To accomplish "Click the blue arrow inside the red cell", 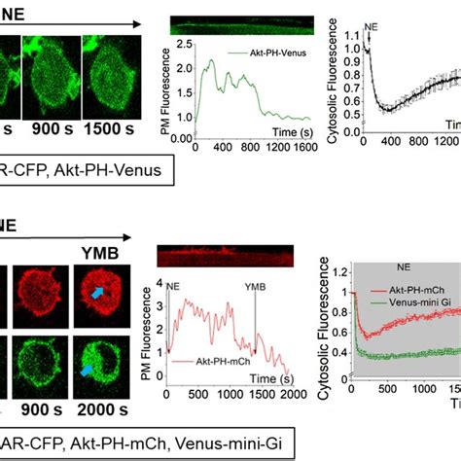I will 97,290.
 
